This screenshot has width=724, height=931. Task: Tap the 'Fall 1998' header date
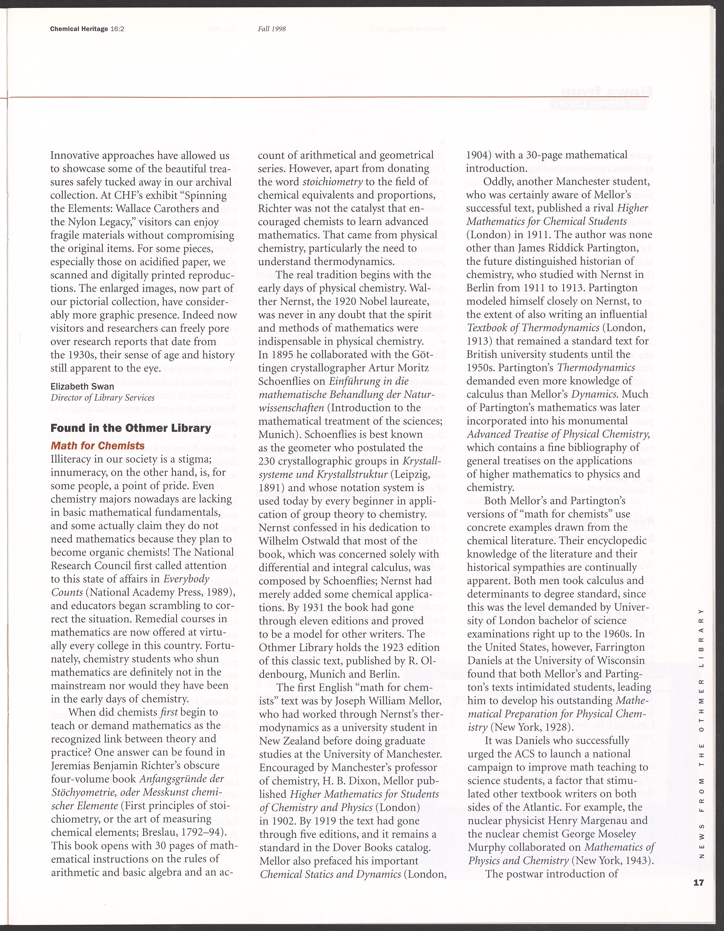pyautogui.click(x=271, y=29)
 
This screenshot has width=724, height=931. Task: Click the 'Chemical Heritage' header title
pyautogui.click(x=79, y=29)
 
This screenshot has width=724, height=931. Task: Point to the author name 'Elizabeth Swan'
pyautogui.click(x=82, y=387)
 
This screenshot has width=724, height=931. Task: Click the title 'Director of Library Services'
pyautogui.click(x=102, y=398)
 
